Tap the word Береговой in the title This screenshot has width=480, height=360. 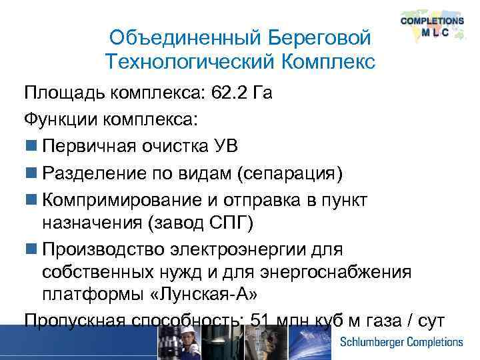[x=319, y=39]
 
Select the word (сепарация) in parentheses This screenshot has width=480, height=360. [x=289, y=173]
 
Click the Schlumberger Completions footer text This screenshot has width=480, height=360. [x=402, y=342]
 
